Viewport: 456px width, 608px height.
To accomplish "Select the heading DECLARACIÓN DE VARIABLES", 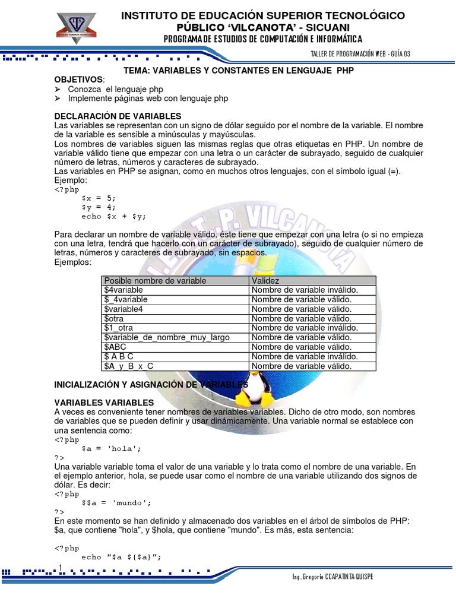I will click(118, 116).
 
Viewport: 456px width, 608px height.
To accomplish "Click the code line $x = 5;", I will click(99, 198).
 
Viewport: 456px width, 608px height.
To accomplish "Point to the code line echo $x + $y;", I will click(114, 216).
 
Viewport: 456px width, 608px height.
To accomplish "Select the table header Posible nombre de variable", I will click(155, 280).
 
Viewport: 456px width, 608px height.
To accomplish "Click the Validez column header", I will click(265, 280).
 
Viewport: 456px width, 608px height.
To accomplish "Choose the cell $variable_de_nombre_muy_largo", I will click(166, 337).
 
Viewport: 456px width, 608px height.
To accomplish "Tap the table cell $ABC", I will click(115, 347).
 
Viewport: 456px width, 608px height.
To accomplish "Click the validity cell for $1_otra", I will click(305, 328).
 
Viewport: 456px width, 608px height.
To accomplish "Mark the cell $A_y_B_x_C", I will click(129, 366).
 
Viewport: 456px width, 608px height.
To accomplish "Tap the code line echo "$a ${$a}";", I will click(121, 556).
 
